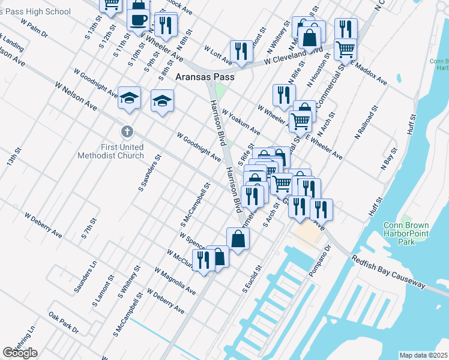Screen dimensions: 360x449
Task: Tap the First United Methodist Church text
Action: tap(111, 151)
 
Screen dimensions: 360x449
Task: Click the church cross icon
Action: tap(127, 131)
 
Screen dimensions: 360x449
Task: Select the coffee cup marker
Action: tap(139, 19)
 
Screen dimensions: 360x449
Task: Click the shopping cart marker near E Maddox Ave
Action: tap(345, 49)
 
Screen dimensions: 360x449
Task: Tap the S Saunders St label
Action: tap(149, 173)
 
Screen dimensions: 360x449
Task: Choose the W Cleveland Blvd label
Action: tap(294, 55)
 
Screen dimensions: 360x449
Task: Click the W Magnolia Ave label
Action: tap(175, 281)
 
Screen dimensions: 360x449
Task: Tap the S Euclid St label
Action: tap(252, 279)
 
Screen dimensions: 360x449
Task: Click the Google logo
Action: tap(20, 353)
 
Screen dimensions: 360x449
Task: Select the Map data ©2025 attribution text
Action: tap(423, 355)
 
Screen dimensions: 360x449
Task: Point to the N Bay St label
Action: tap(390, 158)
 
